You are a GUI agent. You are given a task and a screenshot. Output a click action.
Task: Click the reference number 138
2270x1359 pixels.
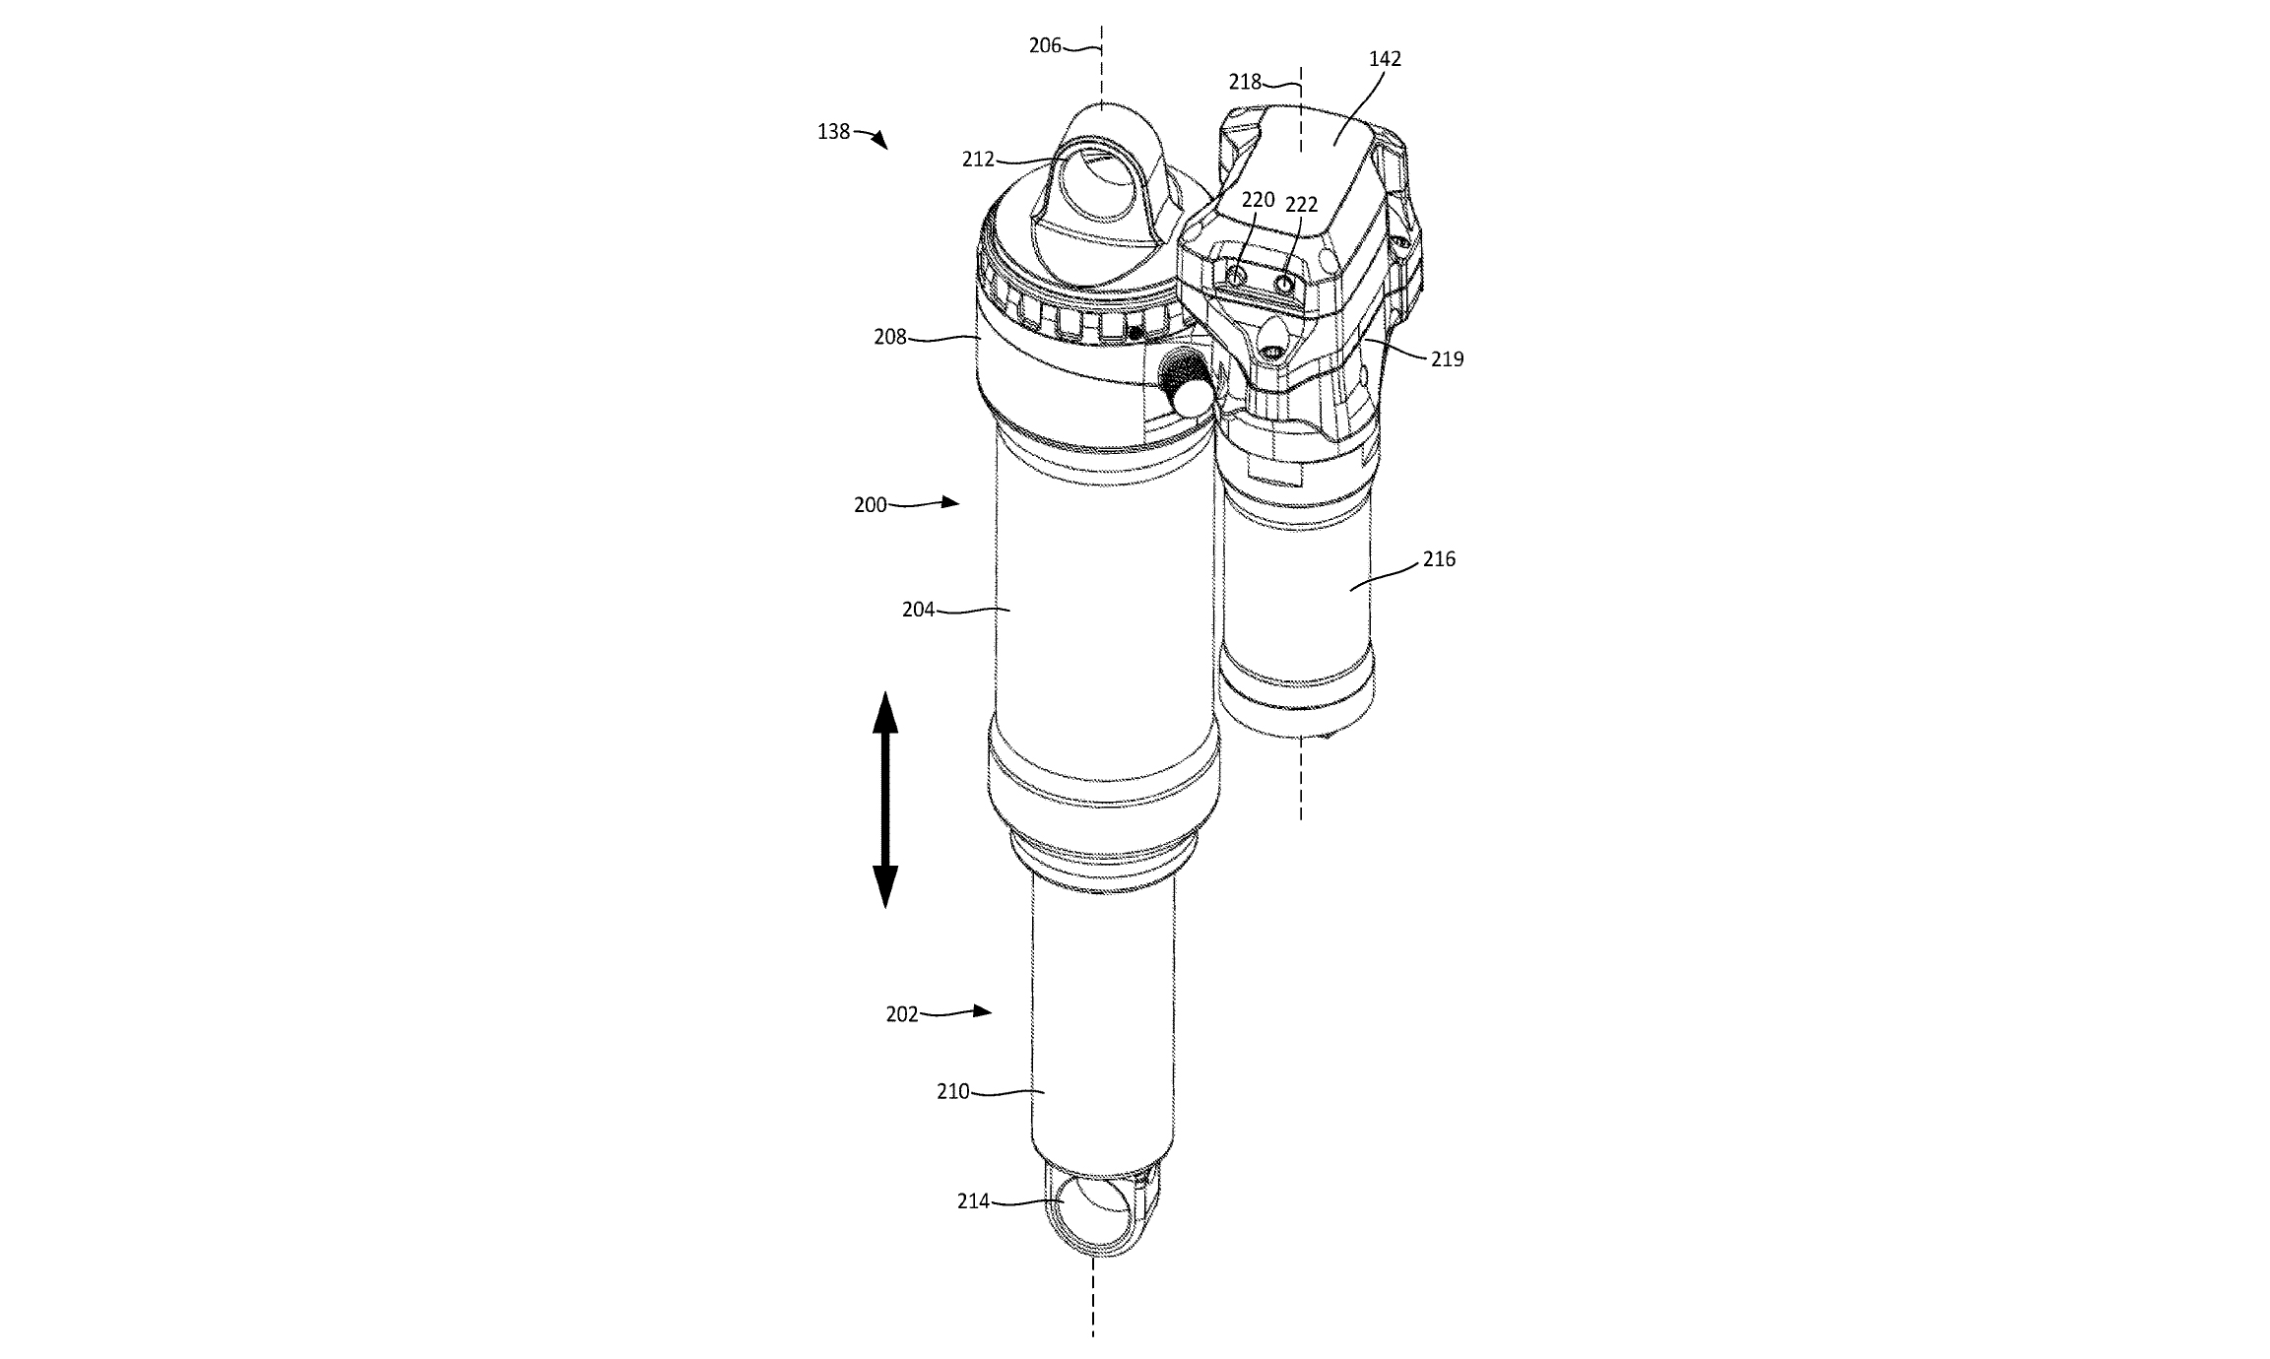pyautogui.click(x=833, y=131)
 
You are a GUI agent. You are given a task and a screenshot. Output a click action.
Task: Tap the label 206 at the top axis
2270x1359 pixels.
pyautogui.click(x=1045, y=45)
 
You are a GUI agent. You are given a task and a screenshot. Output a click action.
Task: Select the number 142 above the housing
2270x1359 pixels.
pyautogui.click(x=1385, y=59)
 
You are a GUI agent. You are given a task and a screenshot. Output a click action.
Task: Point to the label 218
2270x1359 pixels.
pyautogui.click(x=1245, y=83)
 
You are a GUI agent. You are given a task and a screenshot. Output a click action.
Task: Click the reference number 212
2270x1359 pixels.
pyautogui.click(x=978, y=160)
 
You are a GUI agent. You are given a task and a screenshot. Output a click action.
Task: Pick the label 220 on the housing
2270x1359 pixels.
pyautogui.click(x=1258, y=200)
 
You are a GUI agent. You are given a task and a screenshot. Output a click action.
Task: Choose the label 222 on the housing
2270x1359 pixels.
pyautogui.click(x=1301, y=205)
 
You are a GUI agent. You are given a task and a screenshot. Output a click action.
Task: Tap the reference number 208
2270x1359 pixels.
pyautogui.click(x=890, y=337)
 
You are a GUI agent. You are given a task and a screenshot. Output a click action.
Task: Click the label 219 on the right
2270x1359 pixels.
pyautogui.click(x=1447, y=359)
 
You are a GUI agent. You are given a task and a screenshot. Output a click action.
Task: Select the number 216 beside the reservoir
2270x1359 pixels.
pyautogui.click(x=1439, y=559)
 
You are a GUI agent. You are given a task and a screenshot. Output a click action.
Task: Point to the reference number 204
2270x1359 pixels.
pyautogui.click(x=918, y=611)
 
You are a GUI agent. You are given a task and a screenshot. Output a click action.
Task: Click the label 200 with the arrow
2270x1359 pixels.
pyautogui.click(x=870, y=505)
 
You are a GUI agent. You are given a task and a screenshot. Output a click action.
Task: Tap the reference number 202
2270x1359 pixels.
pyautogui.click(x=902, y=1014)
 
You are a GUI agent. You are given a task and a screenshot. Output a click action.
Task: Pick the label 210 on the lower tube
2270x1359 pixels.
pyautogui.click(x=952, y=1092)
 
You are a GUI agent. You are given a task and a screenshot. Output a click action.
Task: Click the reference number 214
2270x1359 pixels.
pyautogui.click(x=973, y=1201)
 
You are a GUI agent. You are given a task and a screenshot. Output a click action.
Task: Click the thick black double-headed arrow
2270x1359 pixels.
pyautogui.click(x=884, y=799)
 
